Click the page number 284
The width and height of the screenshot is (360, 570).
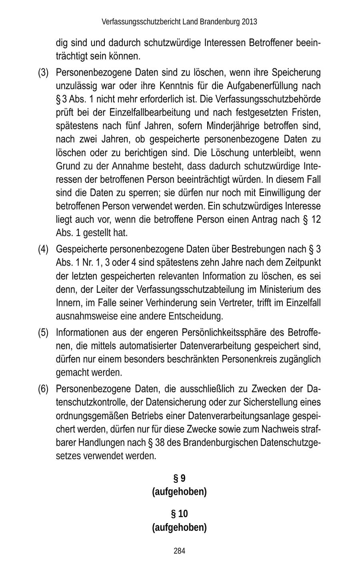[179, 551]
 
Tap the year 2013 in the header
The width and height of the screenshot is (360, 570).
[249, 22]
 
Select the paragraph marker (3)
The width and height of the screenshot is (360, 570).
[43, 73]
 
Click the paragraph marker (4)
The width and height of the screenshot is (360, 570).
[43, 250]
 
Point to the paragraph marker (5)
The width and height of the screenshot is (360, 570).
[43, 332]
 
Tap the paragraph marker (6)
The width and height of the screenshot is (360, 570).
[43, 389]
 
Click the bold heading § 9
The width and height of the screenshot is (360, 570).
[179, 478]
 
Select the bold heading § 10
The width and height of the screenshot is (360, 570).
[179, 514]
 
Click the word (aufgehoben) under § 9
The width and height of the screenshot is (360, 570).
[179, 492]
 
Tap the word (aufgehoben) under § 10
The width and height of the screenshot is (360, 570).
[179, 527]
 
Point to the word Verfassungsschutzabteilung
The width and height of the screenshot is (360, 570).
[196, 290]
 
